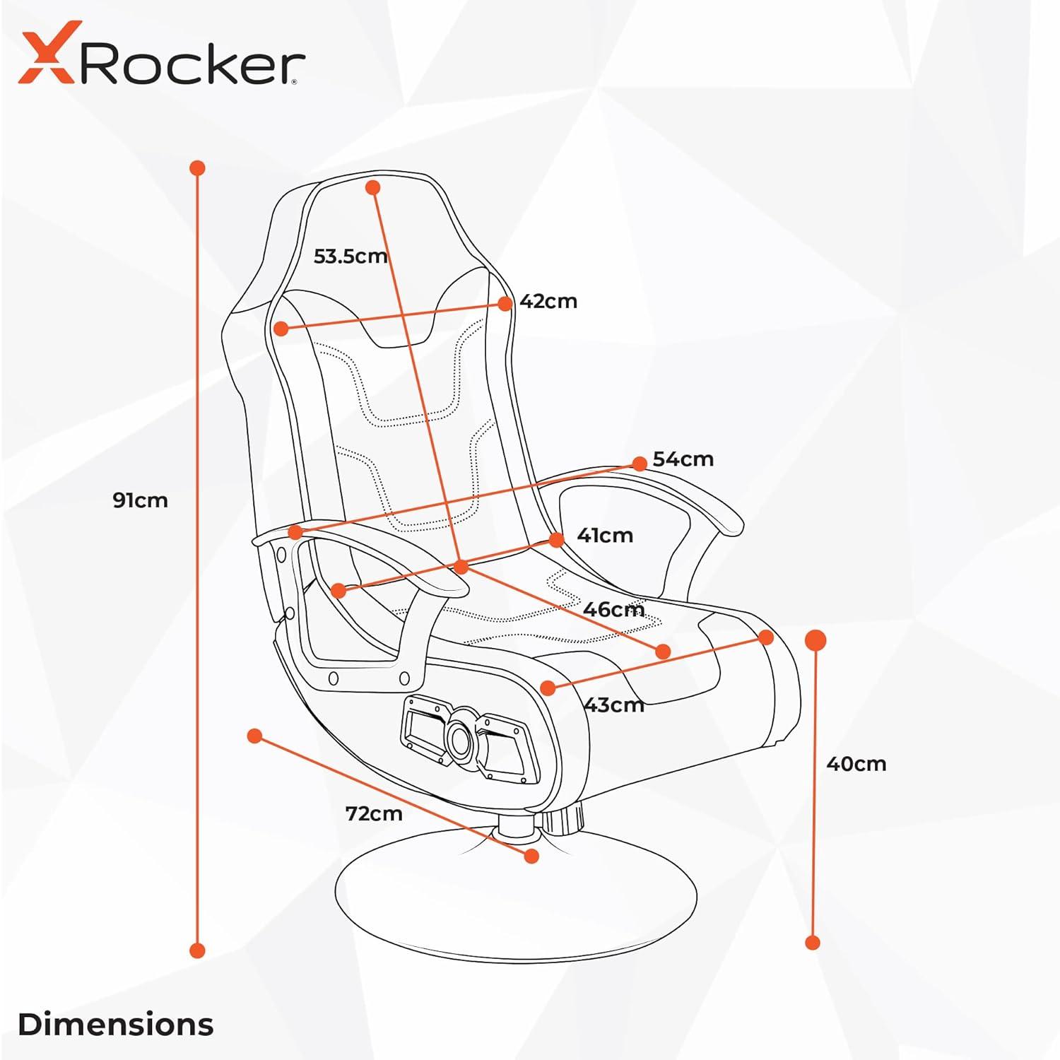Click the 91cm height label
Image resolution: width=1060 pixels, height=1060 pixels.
click(140, 500)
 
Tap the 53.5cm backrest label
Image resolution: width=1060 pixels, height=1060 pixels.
click(351, 256)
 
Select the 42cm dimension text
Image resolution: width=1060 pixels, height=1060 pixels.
click(548, 301)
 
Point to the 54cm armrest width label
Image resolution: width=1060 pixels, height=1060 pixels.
click(683, 459)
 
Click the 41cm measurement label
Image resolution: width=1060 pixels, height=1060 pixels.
click(605, 536)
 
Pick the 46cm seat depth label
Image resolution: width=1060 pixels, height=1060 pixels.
click(613, 609)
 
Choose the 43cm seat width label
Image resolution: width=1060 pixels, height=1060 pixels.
click(613, 705)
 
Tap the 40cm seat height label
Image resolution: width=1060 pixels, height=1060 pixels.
click(856, 764)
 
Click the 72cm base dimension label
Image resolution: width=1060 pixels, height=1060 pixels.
click(374, 814)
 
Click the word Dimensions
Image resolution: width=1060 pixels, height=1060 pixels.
click(115, 1025)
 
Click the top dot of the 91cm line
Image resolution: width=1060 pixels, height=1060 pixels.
click(198, 168)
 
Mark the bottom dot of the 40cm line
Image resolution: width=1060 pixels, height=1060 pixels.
click(813, 942)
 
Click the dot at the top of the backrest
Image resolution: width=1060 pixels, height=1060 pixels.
click(373, 187)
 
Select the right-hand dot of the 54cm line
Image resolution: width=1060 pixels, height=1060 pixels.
click(640, 464)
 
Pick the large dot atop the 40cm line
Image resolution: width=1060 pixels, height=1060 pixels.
click(815, 640)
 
